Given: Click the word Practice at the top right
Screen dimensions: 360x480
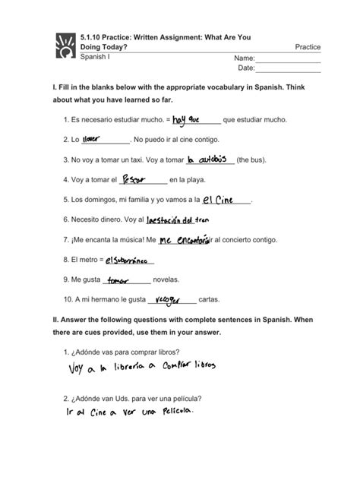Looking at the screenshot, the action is tap(307, 47).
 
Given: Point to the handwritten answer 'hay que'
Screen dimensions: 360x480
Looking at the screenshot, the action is tap(186, 118).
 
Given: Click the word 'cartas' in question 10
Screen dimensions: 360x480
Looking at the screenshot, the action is tap(213, 299).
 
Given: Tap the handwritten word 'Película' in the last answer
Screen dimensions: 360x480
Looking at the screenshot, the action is tap(172, 412).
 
